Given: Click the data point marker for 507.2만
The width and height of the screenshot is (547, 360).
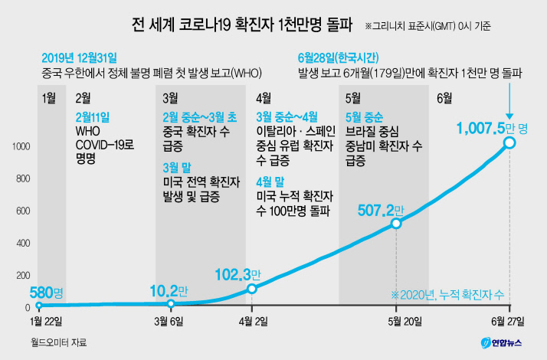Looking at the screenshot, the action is tap(396, 224).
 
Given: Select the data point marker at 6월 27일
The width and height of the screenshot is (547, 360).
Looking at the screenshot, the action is tap(509, 142).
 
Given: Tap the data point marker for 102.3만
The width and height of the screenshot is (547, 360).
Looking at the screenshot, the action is tap(252, 289).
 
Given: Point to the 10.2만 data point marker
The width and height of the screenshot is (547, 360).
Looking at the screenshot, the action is tap(171, 303).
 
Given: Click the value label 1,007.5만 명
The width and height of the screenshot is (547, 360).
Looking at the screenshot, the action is tap(492, 129).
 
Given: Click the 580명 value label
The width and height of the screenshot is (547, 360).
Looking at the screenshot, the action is tap(47, 293).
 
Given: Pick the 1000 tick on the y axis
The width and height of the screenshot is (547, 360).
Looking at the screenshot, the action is tap(21, 146).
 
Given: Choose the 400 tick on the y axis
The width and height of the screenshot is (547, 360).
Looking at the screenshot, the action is tap(23, 243).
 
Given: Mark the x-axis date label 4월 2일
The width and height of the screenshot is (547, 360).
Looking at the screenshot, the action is tap(254, 321).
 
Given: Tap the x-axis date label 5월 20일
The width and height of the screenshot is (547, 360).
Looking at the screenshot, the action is tap(405, 321).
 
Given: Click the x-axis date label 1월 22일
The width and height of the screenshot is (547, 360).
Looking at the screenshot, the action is tap(46, 321).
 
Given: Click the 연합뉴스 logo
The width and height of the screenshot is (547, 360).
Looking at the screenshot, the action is tap(501, 343).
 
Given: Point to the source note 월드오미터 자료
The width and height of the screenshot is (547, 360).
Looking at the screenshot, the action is tap(58, 342).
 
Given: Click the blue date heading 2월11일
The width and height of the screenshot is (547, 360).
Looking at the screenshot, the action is tap(93, 117).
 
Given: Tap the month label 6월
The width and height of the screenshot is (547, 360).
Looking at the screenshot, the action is tap(444, 98).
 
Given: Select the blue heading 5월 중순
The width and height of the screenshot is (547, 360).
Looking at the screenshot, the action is tap(364, 117).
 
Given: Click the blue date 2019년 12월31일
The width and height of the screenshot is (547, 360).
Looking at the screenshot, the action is tap(79, 58).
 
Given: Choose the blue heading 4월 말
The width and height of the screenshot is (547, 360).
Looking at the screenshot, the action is tap(270, 182).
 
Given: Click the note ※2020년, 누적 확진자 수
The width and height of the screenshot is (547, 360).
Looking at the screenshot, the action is tap(447, 295).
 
